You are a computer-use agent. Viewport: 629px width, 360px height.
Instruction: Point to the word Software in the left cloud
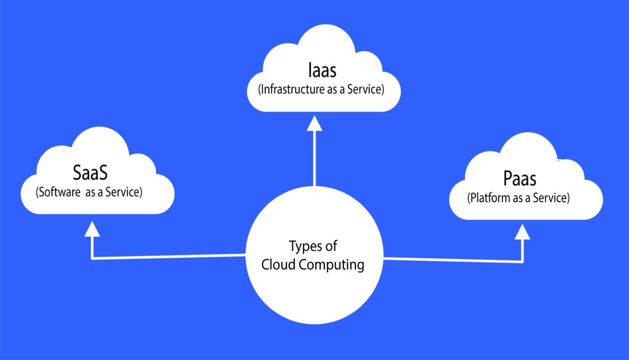click(x=58, y=192)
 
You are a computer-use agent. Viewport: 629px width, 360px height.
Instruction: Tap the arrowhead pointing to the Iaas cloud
click(x=314, y=123)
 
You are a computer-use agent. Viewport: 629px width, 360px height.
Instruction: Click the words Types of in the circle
click(x=313, y=246)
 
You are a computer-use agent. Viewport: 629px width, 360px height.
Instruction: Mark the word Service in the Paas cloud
click(x=549, y=198)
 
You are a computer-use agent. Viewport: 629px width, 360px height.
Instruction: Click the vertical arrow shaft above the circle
click(x=314, y=157)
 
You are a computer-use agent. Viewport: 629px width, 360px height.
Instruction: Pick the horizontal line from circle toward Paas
click(x=453, y=259)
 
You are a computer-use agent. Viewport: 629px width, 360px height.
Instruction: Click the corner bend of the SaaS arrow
click(x=93, y=258)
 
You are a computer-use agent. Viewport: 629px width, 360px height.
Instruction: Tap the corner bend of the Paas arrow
click(x=522, y=260)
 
